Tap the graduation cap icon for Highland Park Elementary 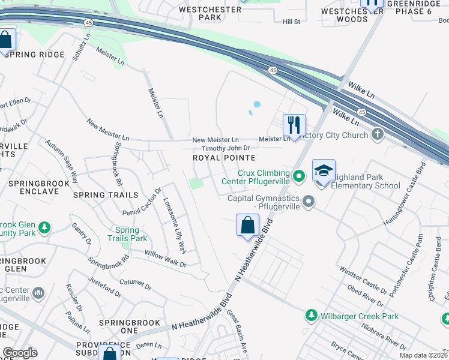[324, 170]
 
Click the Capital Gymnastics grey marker [309, 201]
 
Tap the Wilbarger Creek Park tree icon [311, 315]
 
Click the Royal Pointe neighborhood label [224, 158]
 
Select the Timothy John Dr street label [225, 148]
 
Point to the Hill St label [291, 22]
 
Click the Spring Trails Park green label [127, 234]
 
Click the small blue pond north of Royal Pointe [256, 104]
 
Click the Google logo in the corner [20, 353]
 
